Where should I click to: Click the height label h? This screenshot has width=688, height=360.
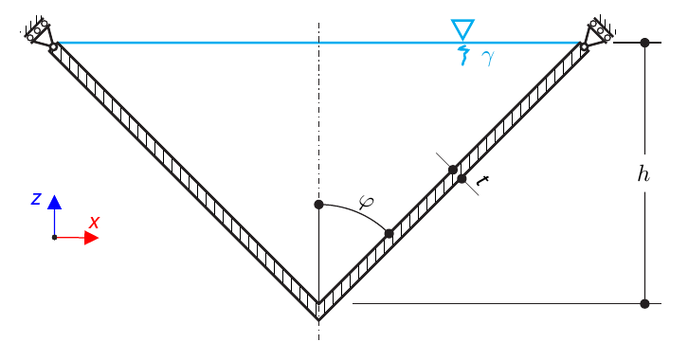(x=643, y=173)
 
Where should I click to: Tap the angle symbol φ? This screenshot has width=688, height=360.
(x=366, y=201)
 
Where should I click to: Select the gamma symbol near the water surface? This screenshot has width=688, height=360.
(x=487, y=58)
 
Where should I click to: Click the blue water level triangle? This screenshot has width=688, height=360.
(x=462, y=28)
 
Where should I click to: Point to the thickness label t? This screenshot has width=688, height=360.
(x=482, y=181)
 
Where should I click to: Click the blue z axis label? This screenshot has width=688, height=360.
(x=36, y=199)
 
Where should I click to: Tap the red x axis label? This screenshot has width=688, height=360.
(x=94, y=223)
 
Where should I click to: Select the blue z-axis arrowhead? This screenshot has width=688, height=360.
(x=54, y=202)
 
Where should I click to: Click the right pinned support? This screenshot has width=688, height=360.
(x=599, y=31)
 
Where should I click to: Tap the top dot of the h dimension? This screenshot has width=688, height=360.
(x=644, y=43)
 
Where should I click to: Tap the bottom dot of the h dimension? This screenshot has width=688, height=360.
(x=644, y=304)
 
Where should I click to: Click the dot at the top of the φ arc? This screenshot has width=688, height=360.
(x=318, y=205)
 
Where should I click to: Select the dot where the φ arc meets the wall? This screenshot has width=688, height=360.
(x=389, y=233)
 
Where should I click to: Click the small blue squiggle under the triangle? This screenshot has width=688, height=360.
(x=463, y=56)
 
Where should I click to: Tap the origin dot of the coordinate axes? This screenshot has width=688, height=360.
(x=54, y=238)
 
